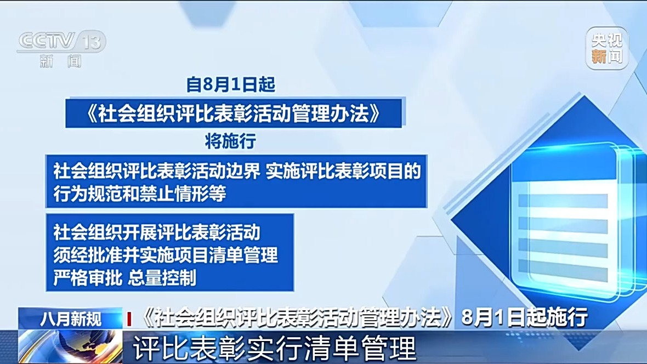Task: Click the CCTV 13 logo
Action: [x=61, y=49]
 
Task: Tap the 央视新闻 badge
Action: [x=606, y=48]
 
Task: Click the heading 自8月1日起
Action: [x=231, y=84]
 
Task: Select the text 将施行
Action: [x=231, y=141]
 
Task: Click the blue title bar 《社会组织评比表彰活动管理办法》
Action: [x=234, y=113]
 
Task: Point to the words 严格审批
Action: [x=88, y=278]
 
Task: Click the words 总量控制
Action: [x=162, y=278]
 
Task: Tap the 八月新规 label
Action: [x=71, y=318]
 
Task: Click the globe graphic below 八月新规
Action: [x=70, y=346]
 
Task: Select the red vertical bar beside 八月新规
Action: [x=129, y=319]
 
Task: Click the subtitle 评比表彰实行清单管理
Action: [x=274, y=349]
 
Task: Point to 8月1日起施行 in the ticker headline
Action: [x=525, y=318]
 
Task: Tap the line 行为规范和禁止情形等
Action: [x=140, y=193]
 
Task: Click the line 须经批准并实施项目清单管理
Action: [x=166, y=255]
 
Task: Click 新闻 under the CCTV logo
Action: [x=61, y=61]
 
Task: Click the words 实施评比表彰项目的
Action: [x=343, y=171]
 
